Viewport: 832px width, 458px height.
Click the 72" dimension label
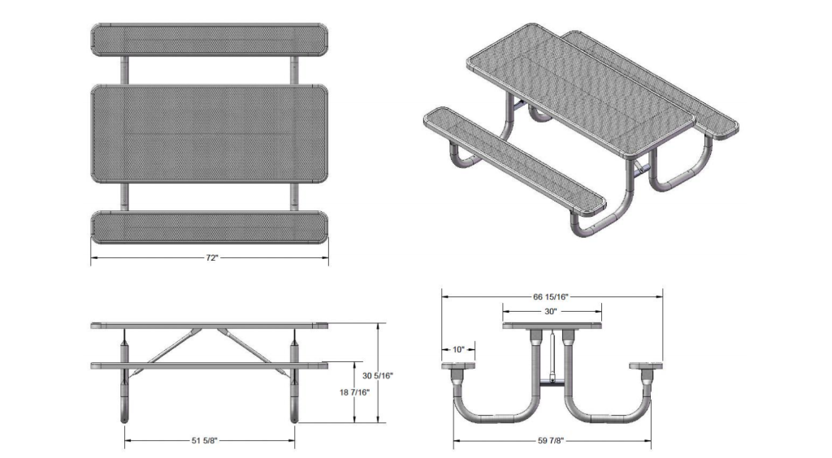(x=211, y=257)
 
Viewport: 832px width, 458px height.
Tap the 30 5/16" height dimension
(x=378, y=375)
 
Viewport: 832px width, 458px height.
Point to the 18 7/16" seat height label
(x=354, y=393)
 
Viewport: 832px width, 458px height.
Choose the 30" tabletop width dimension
(x=551, y=311)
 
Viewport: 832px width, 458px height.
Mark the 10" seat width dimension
(x=458, y=349)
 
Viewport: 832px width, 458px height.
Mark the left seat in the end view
(x=461, y=368)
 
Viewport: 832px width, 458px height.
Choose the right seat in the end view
(x=648, y=368)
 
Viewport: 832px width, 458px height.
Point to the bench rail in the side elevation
(x=210, y=365)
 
